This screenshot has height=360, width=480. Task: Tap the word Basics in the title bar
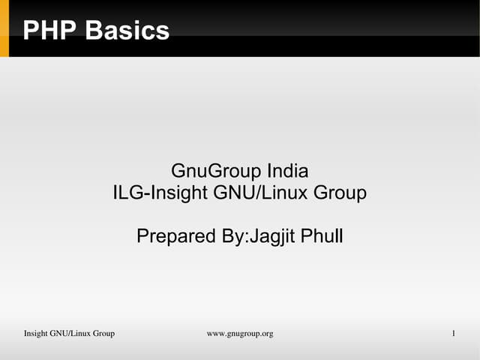[127, 31]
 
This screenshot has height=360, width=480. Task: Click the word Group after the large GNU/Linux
[340, 193]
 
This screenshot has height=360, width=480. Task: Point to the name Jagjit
[271, 237]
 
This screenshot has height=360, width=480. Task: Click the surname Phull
[322, 237]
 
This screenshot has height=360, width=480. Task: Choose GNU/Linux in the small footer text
[70, 333]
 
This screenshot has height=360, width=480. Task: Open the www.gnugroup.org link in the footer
[239, 333]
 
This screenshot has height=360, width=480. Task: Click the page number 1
[454, 333]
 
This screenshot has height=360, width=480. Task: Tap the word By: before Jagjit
[233, 237]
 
